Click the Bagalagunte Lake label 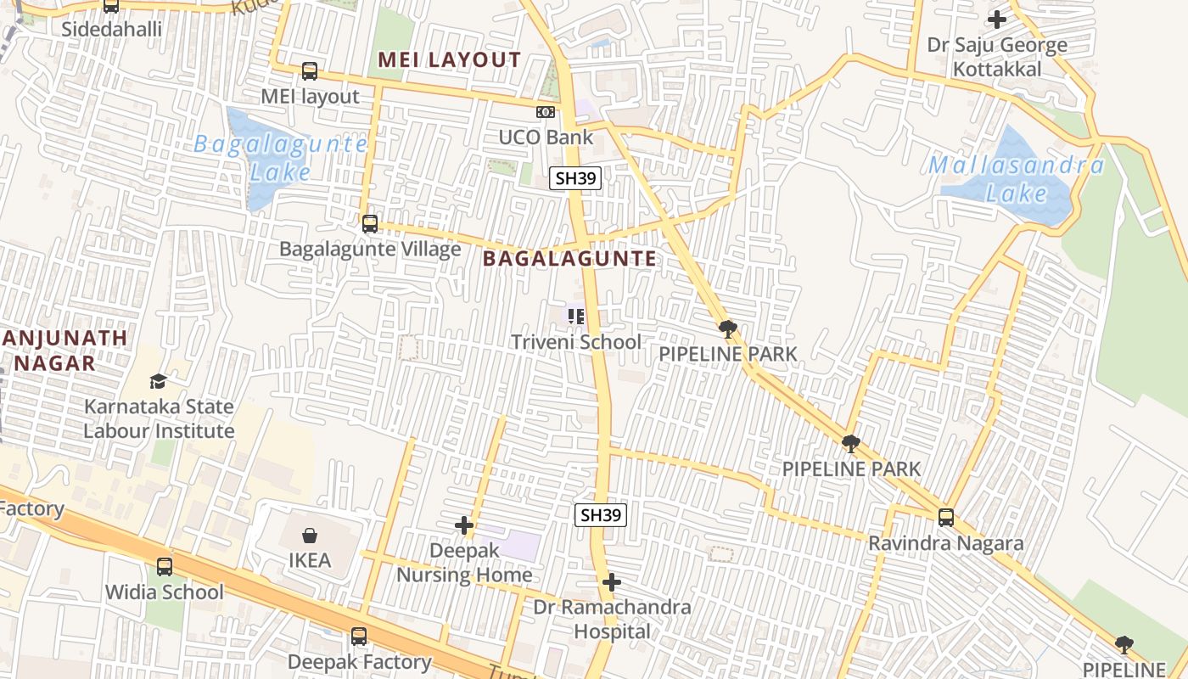point(280,157)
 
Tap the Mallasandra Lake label point(1017,178)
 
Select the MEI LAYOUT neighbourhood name point(449,59)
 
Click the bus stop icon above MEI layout point(310,71)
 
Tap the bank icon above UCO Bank point(546,111)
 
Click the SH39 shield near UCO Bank point(575,178)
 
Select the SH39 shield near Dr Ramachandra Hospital point(601,514)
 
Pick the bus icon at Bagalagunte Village point(370,224)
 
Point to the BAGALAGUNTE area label point(569,259)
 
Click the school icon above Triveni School point(576,317)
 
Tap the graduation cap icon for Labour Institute point(158,381)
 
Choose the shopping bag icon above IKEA point(310,536)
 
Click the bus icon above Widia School point(165,566)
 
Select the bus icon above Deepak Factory point(359,636)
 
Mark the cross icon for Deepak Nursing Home point(464,525)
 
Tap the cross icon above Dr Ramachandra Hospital point(612,582)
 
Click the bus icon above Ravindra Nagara point(946,517)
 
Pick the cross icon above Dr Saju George point(997,19)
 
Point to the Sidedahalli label point(112,29)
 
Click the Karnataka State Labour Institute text point(159,418)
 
